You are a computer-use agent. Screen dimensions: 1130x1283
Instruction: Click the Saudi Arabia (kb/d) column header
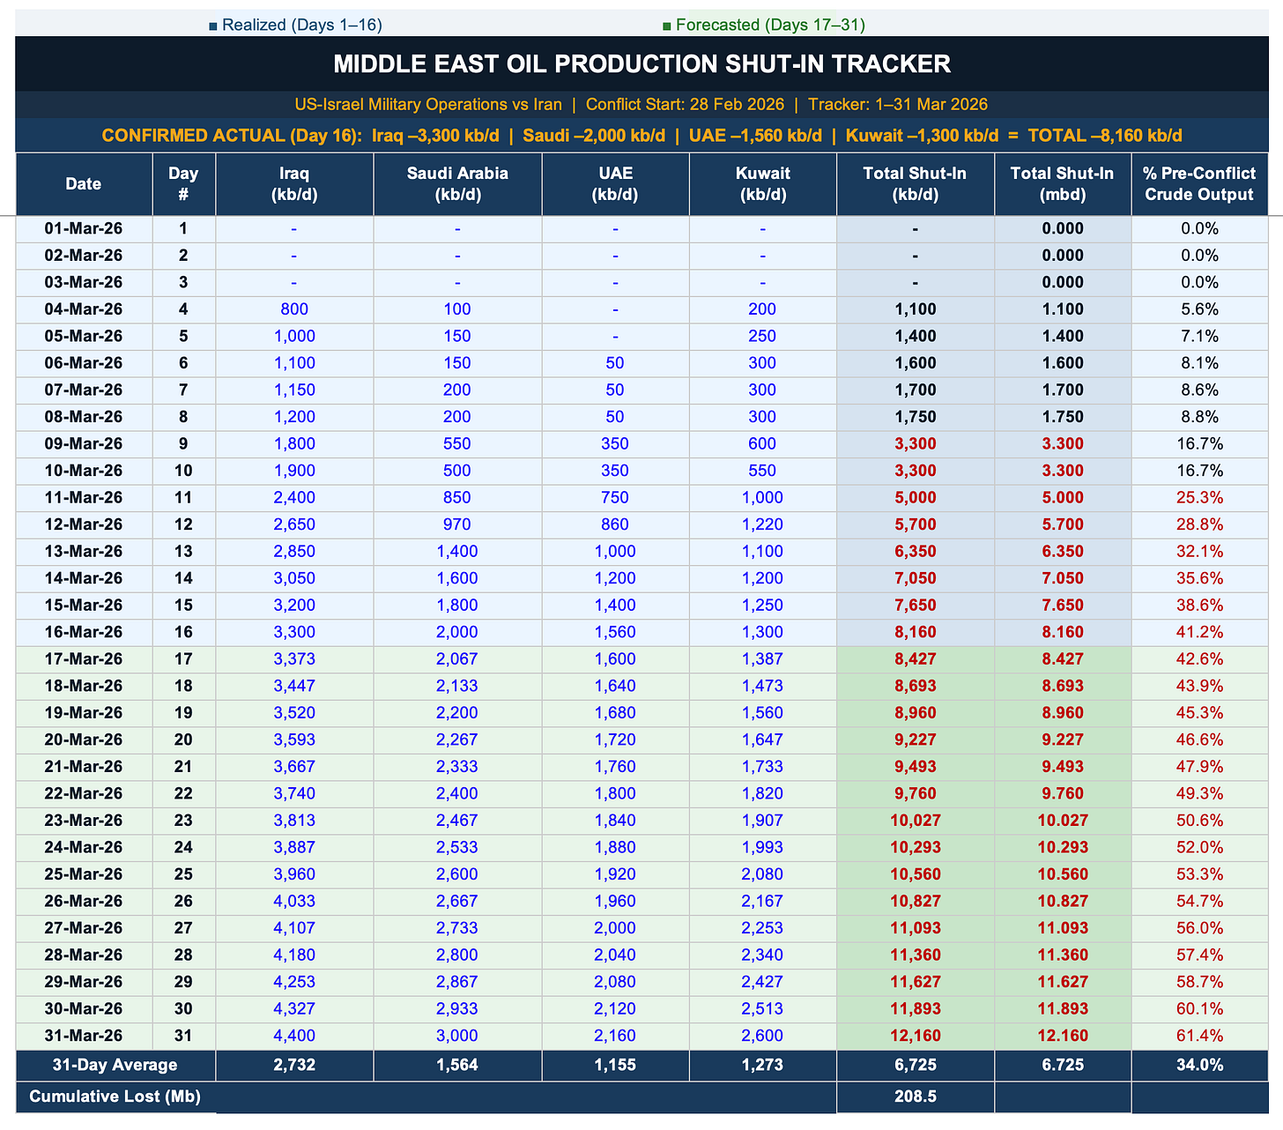click(457, 183)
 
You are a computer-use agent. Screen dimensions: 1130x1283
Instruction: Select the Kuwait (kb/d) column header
click(762, 183)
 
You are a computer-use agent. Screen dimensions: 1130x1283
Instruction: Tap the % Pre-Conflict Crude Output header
click(1198, 183)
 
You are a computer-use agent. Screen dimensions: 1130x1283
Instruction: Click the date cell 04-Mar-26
click(84, 309)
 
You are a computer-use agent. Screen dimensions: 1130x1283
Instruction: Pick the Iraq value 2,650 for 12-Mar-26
click(294, 524)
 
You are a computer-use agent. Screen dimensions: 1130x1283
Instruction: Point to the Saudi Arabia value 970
click(457, 524)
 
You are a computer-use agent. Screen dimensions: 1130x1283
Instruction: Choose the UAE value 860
click(615, 524)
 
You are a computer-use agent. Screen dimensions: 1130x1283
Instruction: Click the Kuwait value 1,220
click(762, 524)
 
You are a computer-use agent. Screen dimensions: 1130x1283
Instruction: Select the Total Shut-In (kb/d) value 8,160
click(915, 632)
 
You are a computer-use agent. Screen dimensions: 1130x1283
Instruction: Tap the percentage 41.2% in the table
click(1198, 632)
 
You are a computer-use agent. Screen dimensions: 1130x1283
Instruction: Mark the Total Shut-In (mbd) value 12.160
click(1062, 1036)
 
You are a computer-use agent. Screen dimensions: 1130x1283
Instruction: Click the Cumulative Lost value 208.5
click(915, 1097)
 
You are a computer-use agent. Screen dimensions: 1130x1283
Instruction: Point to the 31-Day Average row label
click(115, 1065)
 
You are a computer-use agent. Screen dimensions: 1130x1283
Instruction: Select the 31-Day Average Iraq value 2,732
click(294, 1065)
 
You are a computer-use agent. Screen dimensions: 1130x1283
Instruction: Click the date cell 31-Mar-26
click(84, 1036)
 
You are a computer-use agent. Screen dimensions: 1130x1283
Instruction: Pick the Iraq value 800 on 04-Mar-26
click(294, 309)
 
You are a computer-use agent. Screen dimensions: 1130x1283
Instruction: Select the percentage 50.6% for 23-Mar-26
click(1198, 821)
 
